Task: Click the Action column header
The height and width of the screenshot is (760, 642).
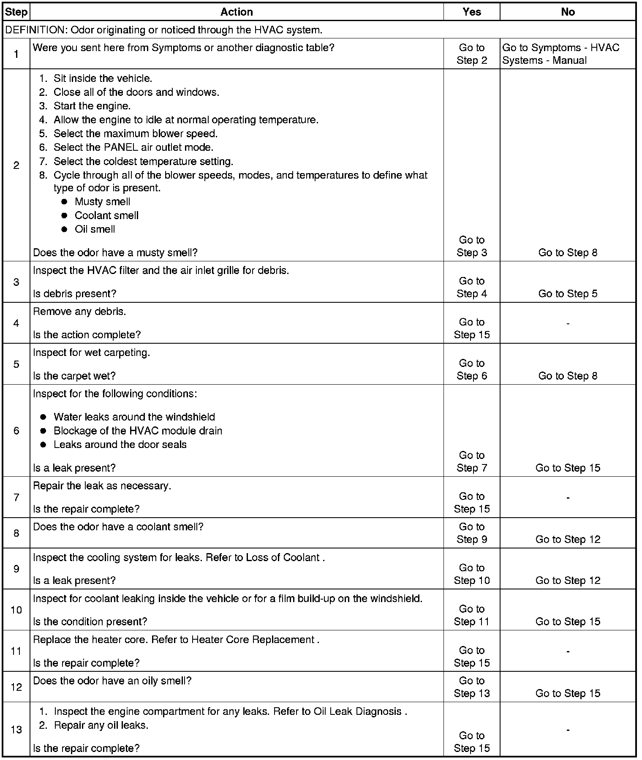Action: [237, 12]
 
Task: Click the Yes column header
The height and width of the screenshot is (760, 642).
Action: [471, 12]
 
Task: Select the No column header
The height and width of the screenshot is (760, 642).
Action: [568, 12]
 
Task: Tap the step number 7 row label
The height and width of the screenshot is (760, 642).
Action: [16, 497]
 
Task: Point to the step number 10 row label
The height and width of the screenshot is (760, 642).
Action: [16, 610]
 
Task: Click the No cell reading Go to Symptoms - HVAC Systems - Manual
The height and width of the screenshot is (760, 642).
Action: [561, 54]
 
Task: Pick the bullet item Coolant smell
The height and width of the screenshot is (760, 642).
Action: [106, 216]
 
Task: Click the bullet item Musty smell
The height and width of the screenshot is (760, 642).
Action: [102, 202]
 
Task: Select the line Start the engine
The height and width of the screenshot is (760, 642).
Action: [92, 106]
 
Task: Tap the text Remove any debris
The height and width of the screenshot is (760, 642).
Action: [79, 312]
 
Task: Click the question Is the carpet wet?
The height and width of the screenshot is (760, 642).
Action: [74, 376]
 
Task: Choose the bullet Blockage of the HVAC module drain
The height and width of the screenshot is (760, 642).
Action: [138, 431]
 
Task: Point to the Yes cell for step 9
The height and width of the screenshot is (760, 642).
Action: [472, 574]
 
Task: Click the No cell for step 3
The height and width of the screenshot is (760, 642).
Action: [568, 293]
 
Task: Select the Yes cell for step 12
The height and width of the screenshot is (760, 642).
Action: [472, 687]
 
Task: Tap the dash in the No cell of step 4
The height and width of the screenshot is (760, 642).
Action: [568, 324]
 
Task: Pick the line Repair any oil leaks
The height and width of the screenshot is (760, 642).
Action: [101, 725]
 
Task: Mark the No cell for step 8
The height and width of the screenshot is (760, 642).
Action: [568, 539]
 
